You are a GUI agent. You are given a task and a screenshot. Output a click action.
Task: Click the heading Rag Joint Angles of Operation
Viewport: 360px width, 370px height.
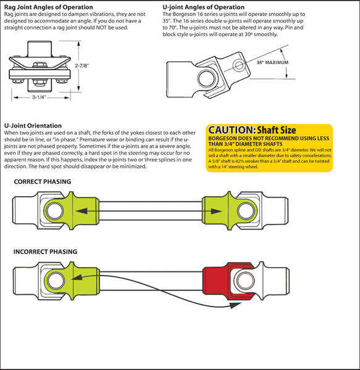[48, 7]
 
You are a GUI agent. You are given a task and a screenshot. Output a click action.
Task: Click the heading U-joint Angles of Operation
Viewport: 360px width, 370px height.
[203, 7]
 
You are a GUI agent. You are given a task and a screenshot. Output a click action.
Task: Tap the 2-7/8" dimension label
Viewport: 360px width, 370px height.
[82, 65]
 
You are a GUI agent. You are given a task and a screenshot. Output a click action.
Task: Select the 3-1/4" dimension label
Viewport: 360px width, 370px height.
[40, 97]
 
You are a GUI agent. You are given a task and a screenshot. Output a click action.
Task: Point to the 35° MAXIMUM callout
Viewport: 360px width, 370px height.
[272, 62]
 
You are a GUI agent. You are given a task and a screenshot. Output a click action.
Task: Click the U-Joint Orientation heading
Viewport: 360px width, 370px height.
[33, 126]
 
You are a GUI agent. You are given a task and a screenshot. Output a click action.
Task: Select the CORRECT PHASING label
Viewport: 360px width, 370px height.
[43, 181]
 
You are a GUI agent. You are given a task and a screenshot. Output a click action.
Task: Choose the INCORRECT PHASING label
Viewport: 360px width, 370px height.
[45, 252]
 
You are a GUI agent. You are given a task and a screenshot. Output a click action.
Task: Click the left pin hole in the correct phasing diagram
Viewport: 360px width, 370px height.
[54, 211]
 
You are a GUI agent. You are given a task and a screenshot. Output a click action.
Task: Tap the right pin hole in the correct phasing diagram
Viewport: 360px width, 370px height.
[246, 211]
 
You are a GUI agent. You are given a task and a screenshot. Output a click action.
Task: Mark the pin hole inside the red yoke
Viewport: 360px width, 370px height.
[245, 281]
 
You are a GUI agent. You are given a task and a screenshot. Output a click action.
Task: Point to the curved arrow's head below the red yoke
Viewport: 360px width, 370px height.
[235, 305]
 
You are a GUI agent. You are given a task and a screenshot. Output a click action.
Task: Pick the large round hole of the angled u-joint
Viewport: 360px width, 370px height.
[207, 78]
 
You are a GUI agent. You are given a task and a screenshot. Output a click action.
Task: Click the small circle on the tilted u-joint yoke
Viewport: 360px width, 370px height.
[239, 65]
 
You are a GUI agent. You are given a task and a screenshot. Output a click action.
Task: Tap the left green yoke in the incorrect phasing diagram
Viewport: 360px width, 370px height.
[71, 281]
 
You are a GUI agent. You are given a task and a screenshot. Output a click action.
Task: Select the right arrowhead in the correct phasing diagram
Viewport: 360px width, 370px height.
[216, 211]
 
